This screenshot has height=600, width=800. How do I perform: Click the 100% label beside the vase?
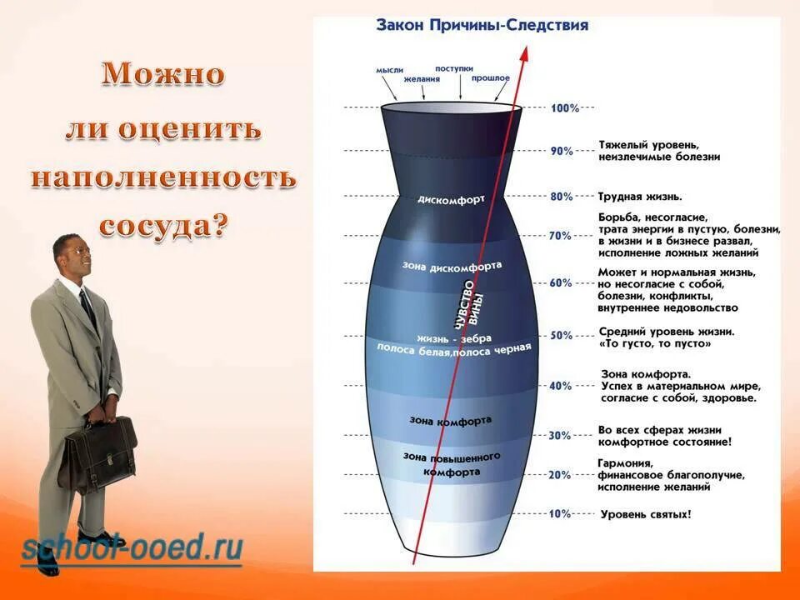pos(564,108)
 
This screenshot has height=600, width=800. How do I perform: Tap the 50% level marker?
pos(561,335)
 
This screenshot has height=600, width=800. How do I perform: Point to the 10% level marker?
pos(560,513)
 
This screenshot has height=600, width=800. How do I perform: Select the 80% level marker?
pos(561,197)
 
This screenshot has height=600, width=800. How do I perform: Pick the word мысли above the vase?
pos(390,72)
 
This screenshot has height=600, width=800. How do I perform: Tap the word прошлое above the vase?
pos(491,77)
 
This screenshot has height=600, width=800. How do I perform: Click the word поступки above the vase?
pos(454,68)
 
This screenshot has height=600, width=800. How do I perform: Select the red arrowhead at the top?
pos(525,52)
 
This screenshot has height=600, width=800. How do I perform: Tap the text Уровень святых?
pos(646,514)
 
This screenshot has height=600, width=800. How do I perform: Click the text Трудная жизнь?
pos(640,197)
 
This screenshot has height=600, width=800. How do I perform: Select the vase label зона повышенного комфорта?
pos(451,464)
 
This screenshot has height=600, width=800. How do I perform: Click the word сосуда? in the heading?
pos(163,224)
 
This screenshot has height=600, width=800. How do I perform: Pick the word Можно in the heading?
pos(163,75)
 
